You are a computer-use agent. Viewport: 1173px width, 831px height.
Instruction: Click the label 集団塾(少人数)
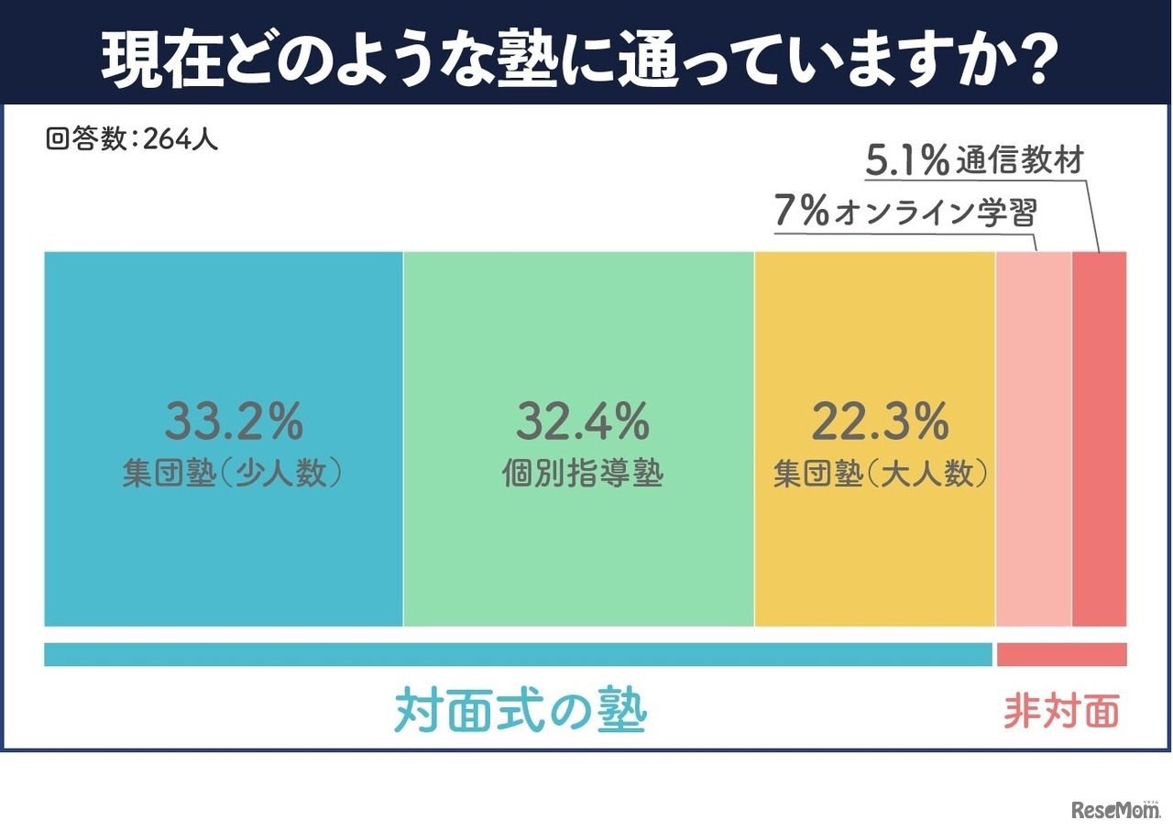233,474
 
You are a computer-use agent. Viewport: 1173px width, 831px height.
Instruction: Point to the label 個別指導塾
582,474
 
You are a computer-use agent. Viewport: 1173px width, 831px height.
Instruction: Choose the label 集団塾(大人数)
880,474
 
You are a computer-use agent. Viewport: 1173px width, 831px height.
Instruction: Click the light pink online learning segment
1033,440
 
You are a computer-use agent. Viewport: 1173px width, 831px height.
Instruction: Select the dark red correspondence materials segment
1099,440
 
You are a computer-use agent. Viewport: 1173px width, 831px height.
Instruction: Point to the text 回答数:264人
132,140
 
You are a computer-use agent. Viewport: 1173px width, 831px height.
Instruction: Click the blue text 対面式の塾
520,711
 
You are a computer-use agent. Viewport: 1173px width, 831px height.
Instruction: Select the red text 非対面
1061,711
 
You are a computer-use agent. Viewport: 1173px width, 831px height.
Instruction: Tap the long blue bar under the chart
518,654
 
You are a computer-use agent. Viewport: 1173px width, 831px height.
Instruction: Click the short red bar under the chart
1061,654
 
